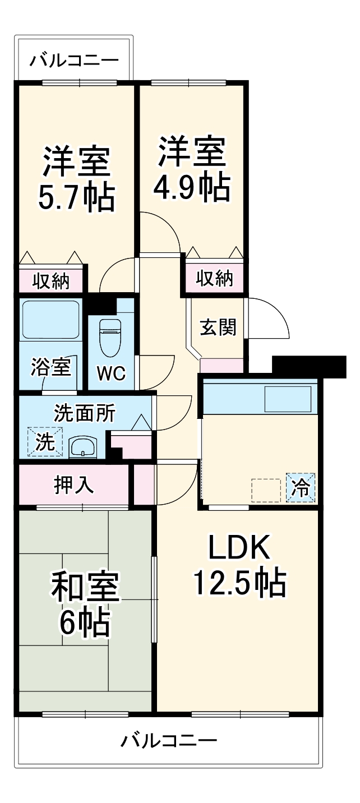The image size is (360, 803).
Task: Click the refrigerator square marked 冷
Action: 301,487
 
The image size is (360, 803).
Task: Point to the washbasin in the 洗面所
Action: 83,447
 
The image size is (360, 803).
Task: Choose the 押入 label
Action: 74,485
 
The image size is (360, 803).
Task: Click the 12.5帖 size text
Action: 240,583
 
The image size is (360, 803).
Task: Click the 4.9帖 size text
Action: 191,188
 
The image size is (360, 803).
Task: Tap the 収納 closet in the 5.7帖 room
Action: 51,281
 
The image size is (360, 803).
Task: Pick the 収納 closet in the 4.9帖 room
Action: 215,278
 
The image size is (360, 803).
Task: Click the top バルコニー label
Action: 75,59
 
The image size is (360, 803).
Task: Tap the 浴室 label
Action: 51,368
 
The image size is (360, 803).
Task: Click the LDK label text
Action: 239,548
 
